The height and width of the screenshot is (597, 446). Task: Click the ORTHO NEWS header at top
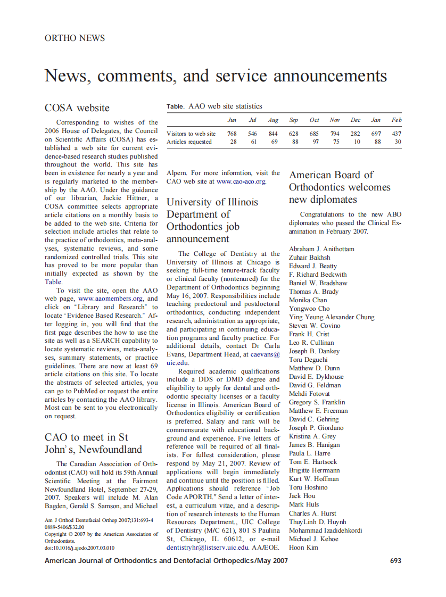pyautogui.click(x=75, y=38)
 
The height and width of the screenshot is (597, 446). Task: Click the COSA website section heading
pyautogui.click(x=77, y=108)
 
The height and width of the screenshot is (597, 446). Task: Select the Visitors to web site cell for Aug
pyautogui.click(x=273, y=134)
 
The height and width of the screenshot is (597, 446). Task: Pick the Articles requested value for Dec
pyautogui.click(x=357, y=142)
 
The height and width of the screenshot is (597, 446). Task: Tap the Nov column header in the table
pyautogui.click(x=335, y=120)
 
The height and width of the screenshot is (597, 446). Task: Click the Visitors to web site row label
pyautogui.click(x=191, y=134)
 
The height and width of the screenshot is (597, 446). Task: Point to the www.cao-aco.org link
pyautogui.click(x=241, y=181)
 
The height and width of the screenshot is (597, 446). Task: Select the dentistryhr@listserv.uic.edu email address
pyautogui.click(x=208, y=547)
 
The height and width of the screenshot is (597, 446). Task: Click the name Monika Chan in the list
pyautogui.click(x=308, y=300)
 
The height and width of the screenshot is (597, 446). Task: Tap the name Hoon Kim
pyautogui.click(x=303, y=547)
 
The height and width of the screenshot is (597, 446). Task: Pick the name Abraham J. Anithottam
pyautogui.click(x=321, y=249)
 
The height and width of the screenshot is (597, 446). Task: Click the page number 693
pyautogui.click(x=395, y=561)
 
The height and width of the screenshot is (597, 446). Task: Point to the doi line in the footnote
pyautogui.click(x=79, y=547)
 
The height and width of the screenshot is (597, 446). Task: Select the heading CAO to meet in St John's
pyautogui.click(x=93, y=443)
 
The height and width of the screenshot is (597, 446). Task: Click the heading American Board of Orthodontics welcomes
pyautogui.click(x=339, y=187)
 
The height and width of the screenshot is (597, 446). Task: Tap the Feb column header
pyautogui.click(x=397, y=120)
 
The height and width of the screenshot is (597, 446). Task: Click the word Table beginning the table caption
pyautogui.click(x=175, y=106)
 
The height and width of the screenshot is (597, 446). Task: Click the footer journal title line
pyautogui.click(x=166, y=561)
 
